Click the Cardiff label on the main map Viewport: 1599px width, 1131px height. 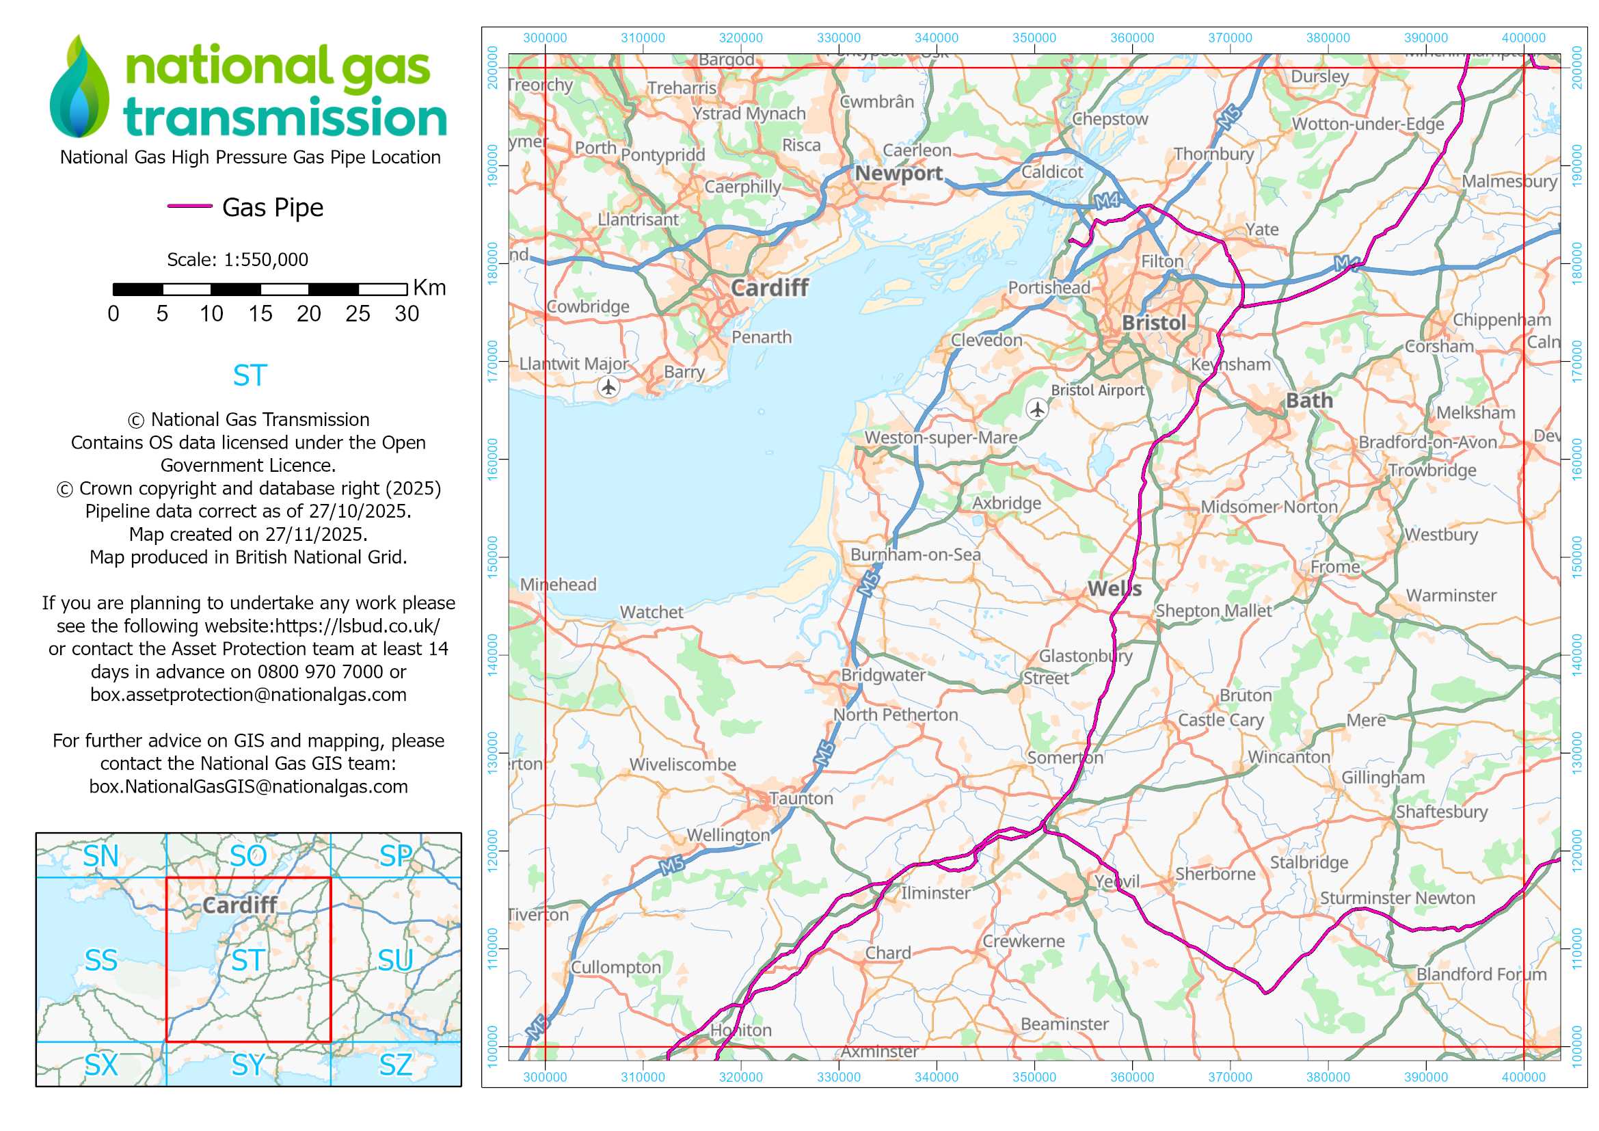(x=769, y=288)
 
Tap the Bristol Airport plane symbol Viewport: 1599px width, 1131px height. (x=1037, y=409)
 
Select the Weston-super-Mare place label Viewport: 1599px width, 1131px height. (x=940, y=438)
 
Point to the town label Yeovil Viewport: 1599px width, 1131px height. (x=1116, y=881)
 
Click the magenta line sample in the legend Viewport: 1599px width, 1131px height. (x=189, y=206)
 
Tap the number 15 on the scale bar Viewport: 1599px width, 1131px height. (x=260, y=314)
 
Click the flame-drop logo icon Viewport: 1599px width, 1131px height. (x=79, y=87)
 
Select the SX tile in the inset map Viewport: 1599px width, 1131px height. (x=101, y=1065)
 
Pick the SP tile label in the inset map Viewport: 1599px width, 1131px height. (x=396, y=856)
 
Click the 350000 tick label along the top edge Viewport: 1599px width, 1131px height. (x=1034, y=38)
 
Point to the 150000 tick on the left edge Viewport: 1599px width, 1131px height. (x=493, y=557)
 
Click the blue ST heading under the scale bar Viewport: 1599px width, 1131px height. (x=250, y=376)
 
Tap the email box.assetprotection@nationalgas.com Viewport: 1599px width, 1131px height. (x=248, y=694)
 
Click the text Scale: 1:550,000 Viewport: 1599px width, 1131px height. (x=237, y=260)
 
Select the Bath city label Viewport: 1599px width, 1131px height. (x=1308, y=401)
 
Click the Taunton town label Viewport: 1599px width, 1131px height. (x=801, y=798)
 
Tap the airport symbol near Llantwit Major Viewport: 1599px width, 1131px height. (x=608, y=386)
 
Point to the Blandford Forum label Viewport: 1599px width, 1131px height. (x=1481, y=974)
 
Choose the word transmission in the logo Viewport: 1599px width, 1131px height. (x=285, y=117)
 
